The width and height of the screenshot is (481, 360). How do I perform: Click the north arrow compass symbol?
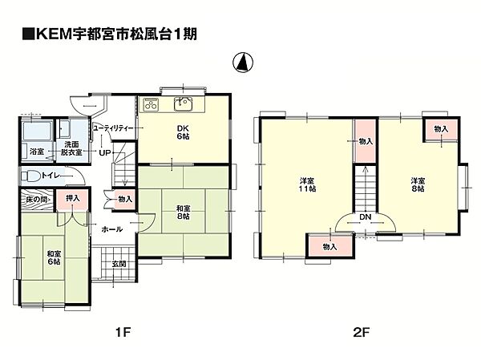coord(243,63)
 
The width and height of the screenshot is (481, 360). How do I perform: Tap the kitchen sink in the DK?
coord(183,103)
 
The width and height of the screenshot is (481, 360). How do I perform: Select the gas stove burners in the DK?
coord(151,104)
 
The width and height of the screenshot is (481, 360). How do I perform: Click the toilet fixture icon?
coord(30,176)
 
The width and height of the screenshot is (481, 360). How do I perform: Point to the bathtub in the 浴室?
coord(37,131)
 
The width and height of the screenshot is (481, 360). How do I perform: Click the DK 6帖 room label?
coord(183,132)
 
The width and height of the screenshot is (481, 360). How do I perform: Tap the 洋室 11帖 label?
coord(307,184)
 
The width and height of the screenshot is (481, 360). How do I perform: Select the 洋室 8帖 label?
coord(418,184)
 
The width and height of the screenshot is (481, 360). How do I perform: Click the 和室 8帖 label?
coord(183,212)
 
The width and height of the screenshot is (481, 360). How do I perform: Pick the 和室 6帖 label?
coord(54,257)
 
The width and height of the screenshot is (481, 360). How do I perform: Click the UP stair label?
coord(104,152)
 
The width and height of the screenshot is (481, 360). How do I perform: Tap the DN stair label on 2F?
coord(365,217)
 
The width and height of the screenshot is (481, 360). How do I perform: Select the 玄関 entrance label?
coord(119,264)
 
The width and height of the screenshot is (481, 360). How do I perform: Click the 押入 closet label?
coord(73,198)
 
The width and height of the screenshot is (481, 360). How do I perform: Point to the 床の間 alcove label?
coord(36,200)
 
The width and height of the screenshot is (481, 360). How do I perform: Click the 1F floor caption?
coord(123,332)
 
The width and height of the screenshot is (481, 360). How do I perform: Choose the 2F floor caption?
coord(362,332)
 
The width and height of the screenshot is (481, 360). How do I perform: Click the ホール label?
coord(111,229)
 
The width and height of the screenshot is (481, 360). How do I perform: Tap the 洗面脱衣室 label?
coord(71,148)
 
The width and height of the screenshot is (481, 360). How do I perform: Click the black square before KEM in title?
coord(29,34)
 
